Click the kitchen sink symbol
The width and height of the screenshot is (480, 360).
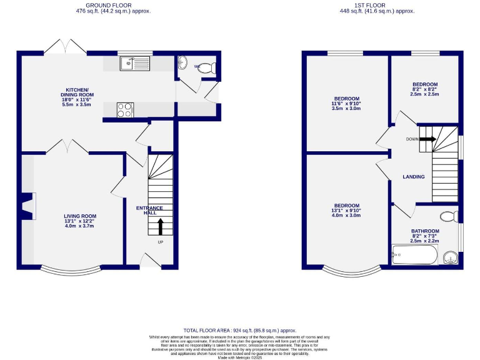click(134, 62)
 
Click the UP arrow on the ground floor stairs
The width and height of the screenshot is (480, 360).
click(159, 226)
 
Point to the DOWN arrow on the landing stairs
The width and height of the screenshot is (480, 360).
click(427, 139)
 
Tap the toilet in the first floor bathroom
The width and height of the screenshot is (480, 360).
click(447, 217)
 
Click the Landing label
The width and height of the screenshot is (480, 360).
click(414, 177)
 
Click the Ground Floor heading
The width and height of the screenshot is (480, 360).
click(108, 6)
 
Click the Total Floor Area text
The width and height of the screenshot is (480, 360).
click(239, 330)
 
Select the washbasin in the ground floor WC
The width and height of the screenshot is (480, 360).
click(182, 62)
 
